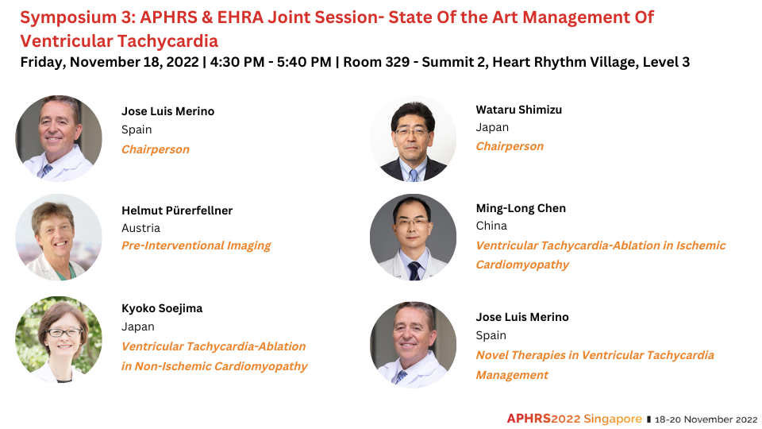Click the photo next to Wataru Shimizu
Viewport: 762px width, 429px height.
tap(413, 138)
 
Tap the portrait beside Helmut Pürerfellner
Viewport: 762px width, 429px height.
tap(59, 237)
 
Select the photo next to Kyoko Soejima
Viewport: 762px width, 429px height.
tap(59, 339)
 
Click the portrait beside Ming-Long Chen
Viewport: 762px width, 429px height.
tap(413, 237)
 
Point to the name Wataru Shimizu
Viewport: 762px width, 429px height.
tap(518, 110)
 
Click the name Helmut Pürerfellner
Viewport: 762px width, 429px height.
tap(177, 211)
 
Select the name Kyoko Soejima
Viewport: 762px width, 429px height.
tap(162, 308)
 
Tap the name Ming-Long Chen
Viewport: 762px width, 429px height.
tap(521, 208)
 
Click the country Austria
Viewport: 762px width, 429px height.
tap(140, 228)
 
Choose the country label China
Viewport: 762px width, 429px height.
tap(491, 226)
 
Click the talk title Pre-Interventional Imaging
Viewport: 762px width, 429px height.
tap(196, 245)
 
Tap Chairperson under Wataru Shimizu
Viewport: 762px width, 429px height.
tap(510, 146)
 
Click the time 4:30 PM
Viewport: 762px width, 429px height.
tap(237, 62)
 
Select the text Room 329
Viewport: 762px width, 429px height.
tap(376, 62)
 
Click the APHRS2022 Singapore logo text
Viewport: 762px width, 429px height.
tap(574, 419)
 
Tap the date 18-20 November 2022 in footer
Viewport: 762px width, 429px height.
tap(706, 419)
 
